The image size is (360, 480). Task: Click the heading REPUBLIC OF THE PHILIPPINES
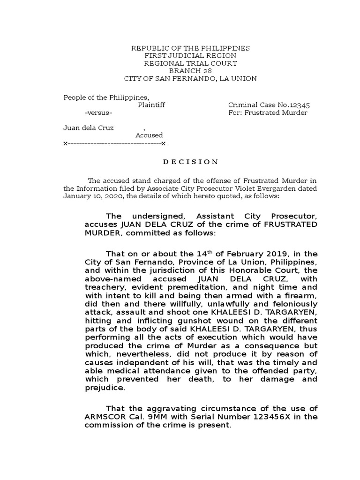tap(190, 48)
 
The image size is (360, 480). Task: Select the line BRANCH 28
tap(190, 71)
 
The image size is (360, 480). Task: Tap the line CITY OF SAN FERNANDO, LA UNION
tap(190, 78)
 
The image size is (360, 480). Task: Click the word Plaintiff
tap(151, 105)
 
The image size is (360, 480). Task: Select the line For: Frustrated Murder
tap(268, 113)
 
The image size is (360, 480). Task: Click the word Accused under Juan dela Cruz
tap(149, 135)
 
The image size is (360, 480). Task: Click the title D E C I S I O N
tap(190, 162)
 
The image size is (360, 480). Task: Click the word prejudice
tap(104, 388)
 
